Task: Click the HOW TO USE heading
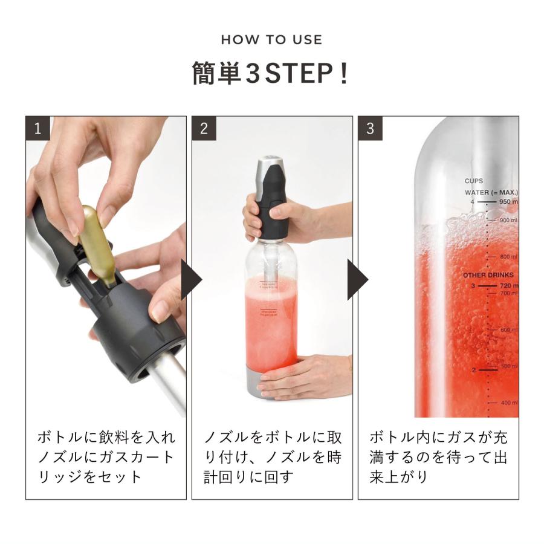click(x=271, y=40)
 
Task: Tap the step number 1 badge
click(x=37, y=128)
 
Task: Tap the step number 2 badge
click(x=204, y=128)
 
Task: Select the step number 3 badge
click(x=370, y=128)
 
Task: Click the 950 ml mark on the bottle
click(x=507, y=202)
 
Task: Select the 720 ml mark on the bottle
click(x=507, y=285)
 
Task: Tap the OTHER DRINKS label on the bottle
click(x=488, y=275)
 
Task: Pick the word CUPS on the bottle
click(x=473, y=181)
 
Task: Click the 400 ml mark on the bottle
click(x=508, y=403)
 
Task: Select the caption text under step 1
click(x=106, y=456)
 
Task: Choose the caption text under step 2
click(x=272, y=456)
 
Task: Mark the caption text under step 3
click(x=438, y=456)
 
